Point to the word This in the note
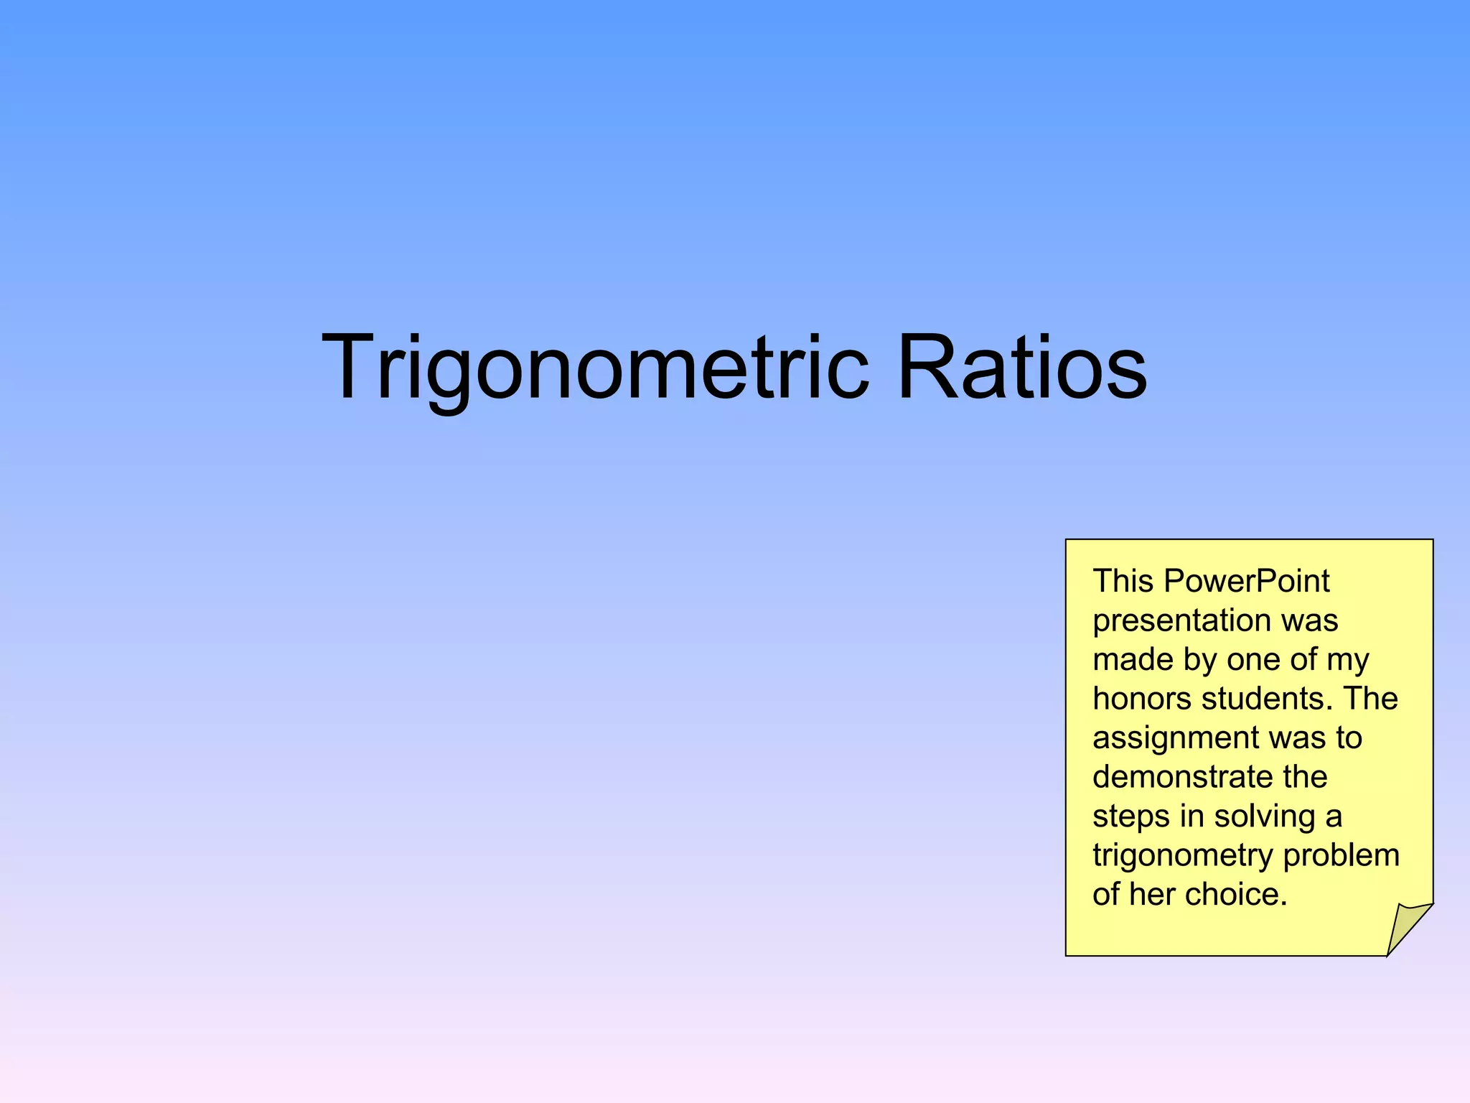click(x=1123, y=581)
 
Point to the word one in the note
click(x=1249, y=660)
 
